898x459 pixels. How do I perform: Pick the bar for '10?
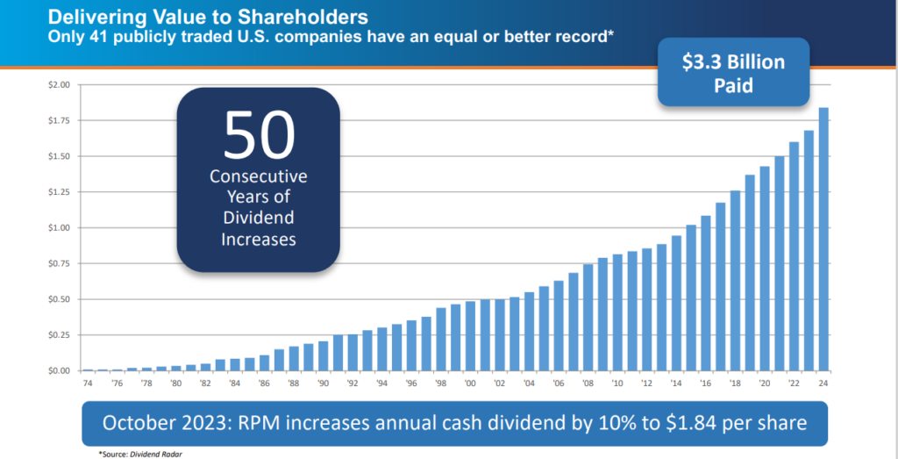tap(617, 312)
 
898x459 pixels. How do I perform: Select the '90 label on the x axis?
tap(324, 383)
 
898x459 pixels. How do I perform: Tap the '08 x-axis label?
tap(588, 383)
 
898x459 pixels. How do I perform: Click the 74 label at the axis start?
tap(88, 383)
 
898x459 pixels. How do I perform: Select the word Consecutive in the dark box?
tap(258, 177)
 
